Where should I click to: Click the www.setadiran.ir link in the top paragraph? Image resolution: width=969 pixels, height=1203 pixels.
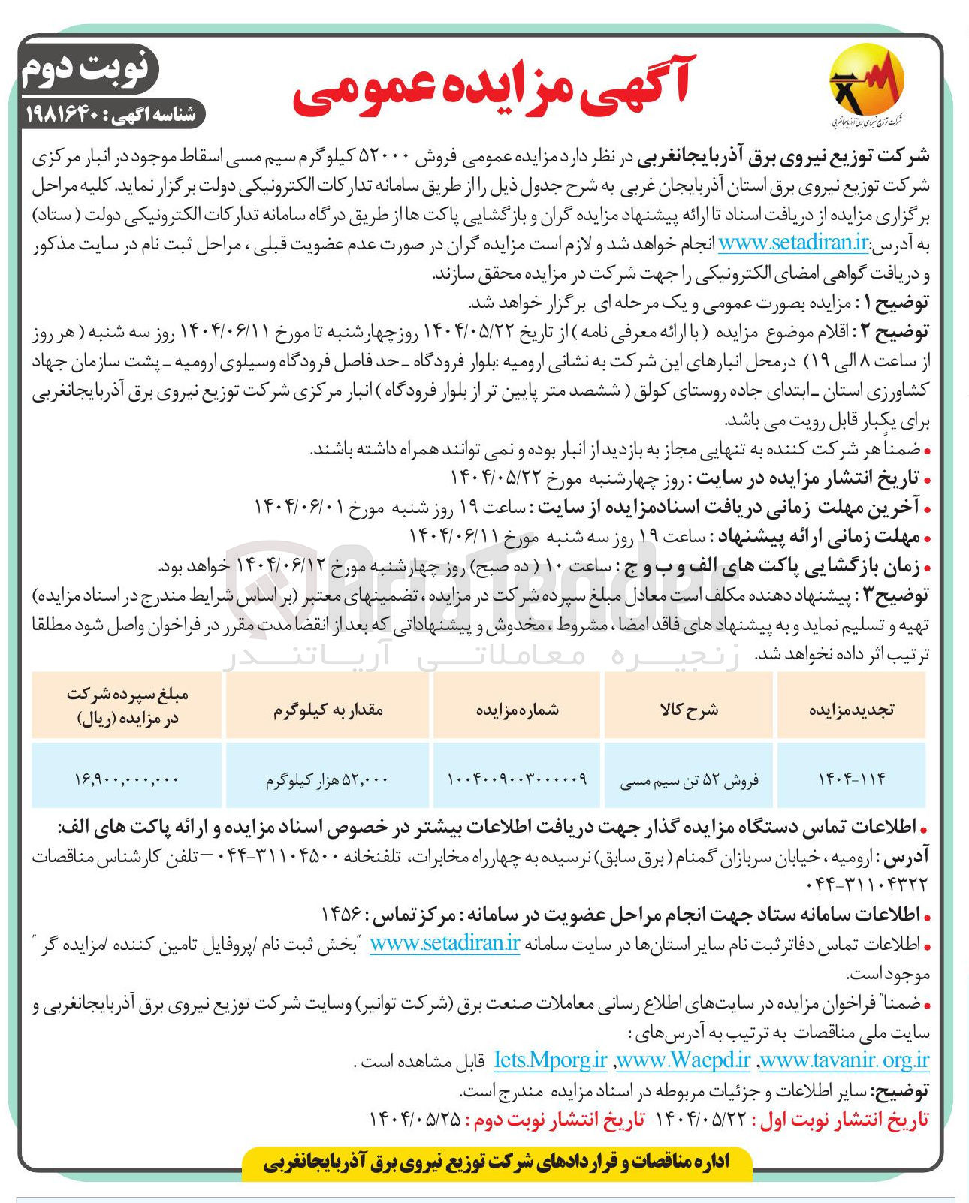point(794,243)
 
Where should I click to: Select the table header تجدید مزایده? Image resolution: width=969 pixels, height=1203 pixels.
point(850,709)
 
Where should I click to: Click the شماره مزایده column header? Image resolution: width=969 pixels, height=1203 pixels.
point(518,709)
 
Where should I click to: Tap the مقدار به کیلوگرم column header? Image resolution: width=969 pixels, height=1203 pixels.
point(328,709)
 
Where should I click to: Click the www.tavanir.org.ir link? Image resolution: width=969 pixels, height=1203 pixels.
point(844,1060)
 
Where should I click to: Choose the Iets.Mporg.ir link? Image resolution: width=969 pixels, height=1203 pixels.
point(550,1060)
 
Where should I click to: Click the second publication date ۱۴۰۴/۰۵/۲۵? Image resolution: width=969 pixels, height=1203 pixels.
point(415,1119)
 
